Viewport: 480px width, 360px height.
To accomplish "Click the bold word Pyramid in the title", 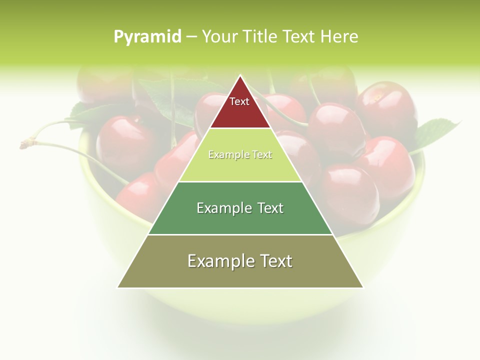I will click(147, 36).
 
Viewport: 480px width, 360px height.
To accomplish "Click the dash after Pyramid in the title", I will click(191, 36).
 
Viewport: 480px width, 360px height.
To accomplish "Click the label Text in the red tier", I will click(239, 101).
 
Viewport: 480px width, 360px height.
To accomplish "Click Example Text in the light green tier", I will click(240, 154).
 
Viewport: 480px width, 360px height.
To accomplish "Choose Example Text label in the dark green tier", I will click(240, 208).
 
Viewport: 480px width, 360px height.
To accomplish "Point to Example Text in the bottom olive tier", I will click(240, 261).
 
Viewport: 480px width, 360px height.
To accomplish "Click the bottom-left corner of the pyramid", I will click(118, 287).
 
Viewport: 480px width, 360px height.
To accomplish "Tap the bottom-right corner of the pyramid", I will click(363, 287).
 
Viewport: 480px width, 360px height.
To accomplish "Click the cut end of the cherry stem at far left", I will click(23, 145).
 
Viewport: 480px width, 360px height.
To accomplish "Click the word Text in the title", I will click(299, 36).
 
